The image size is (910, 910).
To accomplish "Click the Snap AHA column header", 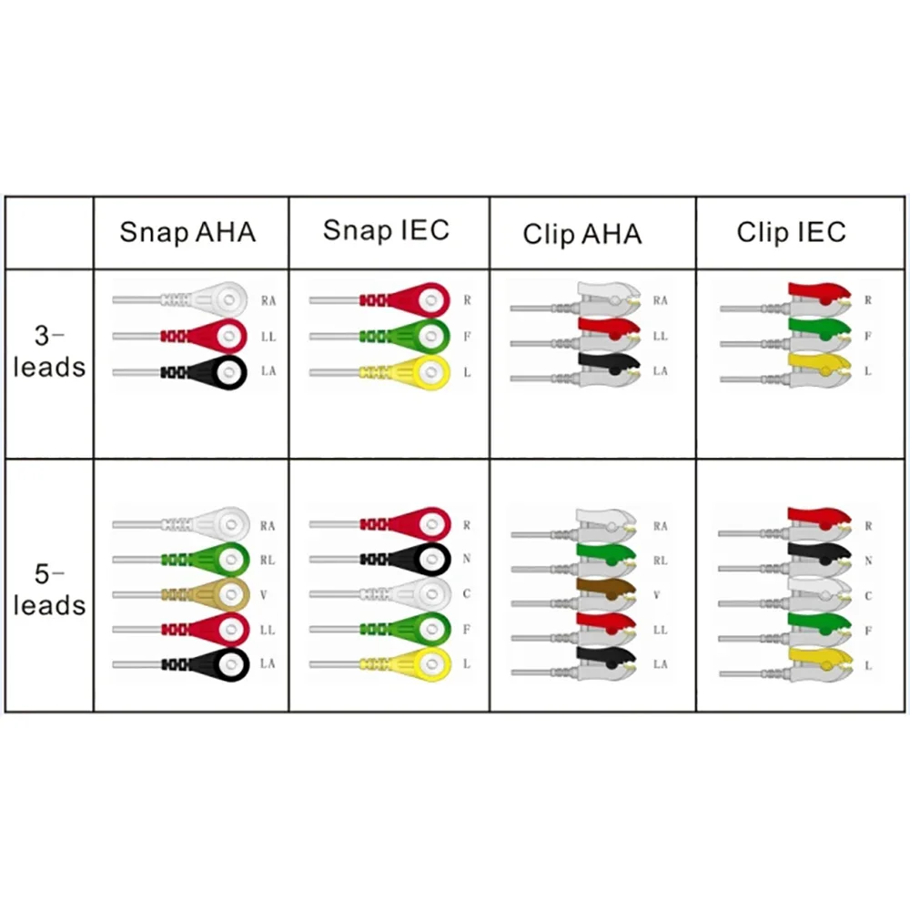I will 187,233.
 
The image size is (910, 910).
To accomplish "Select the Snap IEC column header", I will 386,230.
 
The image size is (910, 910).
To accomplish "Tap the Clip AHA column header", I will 581,235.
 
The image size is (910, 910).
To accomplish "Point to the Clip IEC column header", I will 791,232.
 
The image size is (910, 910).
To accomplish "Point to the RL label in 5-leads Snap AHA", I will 267,560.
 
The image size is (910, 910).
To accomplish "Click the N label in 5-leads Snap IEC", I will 466,560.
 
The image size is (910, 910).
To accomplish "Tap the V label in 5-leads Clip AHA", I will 658,595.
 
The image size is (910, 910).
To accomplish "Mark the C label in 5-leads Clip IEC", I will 868,595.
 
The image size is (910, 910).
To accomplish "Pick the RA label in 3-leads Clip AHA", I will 660,300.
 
